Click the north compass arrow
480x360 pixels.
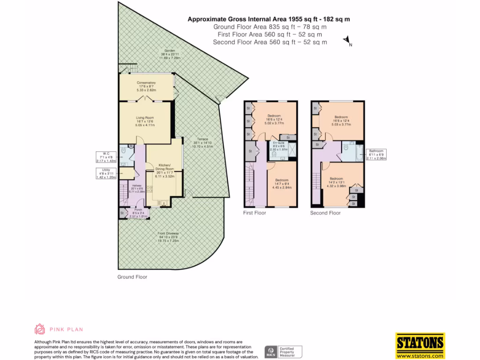click(x=347, y=41)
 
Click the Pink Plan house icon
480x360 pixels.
click(x=40, y=329)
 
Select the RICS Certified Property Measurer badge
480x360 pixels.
click(x=284, y=352)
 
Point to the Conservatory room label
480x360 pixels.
click(x=146, y=86)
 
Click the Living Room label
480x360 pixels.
click(x=145, y=121)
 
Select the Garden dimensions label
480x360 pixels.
click(x=169, y=54)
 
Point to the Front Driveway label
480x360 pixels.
click(x=168, y=237)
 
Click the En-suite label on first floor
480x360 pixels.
click(x=279, y=146)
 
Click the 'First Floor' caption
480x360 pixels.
click(x=254, y=213)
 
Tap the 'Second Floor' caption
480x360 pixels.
click(x=325, y=213)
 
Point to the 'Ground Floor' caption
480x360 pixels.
click(x=132, y=277)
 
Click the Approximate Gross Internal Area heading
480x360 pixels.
click(x=269, y=19)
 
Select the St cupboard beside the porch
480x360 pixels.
click(x=122, y=213)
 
